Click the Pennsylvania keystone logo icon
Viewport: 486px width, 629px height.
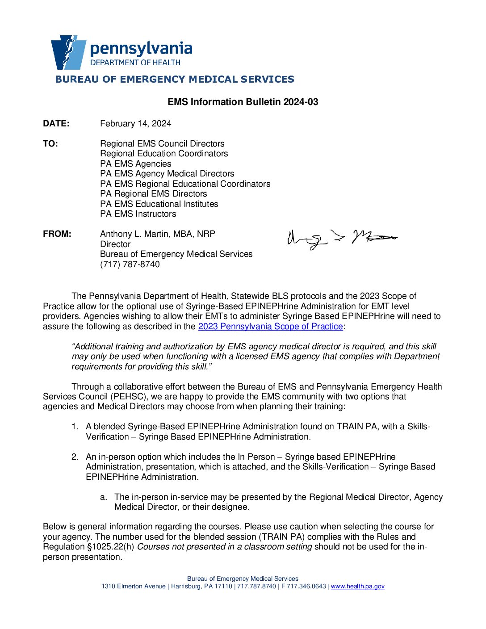(68, 52)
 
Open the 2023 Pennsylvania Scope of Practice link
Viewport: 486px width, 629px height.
(270, 327)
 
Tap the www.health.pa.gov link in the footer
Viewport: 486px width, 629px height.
(357, 587)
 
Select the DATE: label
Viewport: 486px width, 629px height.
(56, 124)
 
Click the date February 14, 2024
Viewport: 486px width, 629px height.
(135, 124)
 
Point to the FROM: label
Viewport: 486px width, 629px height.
(57, 234)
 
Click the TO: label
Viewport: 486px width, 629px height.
(50, 144)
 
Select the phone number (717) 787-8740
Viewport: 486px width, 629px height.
(130, 264)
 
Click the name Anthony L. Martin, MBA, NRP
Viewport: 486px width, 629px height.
(157, 234)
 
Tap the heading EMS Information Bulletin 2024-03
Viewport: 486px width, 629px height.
(243, 102)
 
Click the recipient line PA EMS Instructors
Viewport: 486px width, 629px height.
(138, 214)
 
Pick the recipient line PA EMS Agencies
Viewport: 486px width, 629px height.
(135, 164)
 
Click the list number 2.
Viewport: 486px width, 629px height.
(75, 457)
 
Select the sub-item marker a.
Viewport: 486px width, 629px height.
(104, 497)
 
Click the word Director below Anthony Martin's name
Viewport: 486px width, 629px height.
(115, 244)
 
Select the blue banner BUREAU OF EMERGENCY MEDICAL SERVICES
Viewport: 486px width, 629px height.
(175, 80)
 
